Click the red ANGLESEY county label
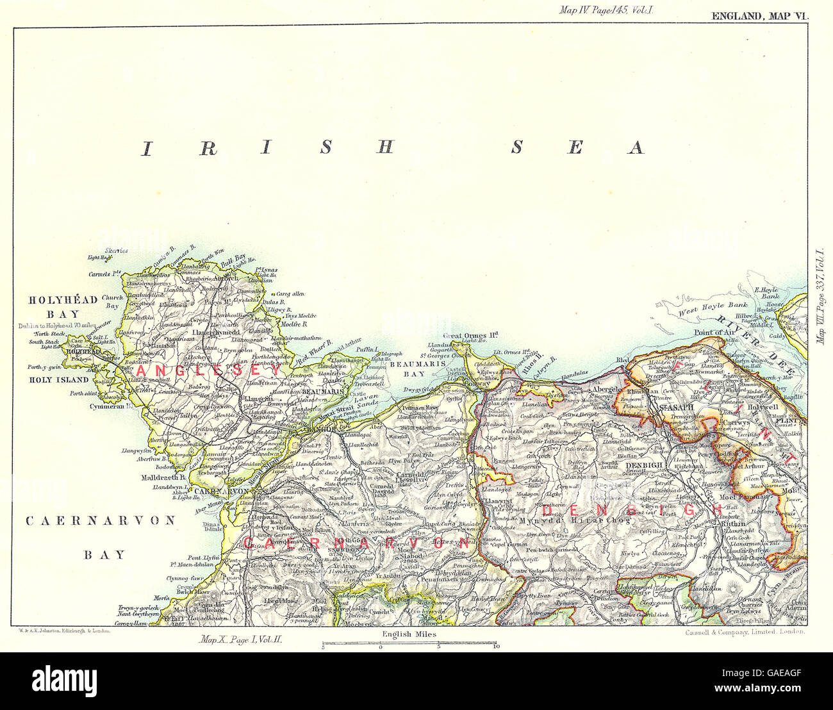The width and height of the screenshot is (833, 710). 208,371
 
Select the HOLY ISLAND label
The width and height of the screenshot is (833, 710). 57,379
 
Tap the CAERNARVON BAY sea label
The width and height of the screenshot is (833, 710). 101,537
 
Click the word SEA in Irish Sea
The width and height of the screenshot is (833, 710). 576,148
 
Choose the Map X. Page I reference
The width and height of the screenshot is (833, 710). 246,639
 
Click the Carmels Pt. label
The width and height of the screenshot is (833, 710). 106,274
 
